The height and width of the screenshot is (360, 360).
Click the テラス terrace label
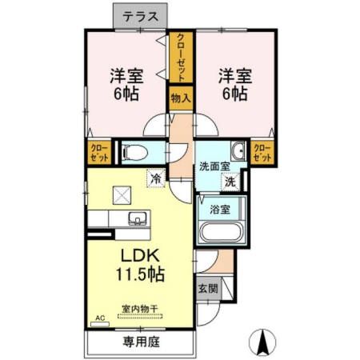140,17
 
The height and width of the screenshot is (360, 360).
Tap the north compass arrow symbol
262,342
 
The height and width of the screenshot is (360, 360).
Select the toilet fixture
134,153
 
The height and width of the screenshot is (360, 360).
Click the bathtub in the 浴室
222,232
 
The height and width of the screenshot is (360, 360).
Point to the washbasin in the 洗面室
238,151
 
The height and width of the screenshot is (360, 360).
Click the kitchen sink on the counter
138,218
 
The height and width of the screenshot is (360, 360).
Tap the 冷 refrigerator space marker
156,178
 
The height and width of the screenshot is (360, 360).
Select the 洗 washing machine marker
230,182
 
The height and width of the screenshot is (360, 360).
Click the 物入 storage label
181,98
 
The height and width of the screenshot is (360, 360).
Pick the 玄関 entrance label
208,289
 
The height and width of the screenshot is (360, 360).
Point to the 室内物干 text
140,309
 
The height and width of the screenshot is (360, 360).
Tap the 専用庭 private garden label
142,342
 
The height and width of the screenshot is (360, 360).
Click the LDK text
141,255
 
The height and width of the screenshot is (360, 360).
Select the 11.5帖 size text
140,274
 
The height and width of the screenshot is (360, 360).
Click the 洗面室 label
214,166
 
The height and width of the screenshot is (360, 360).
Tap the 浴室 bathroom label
220,210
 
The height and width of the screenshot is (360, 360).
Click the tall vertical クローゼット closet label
181,58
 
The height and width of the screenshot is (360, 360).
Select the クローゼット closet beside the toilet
100,153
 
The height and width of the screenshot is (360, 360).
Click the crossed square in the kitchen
122,195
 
